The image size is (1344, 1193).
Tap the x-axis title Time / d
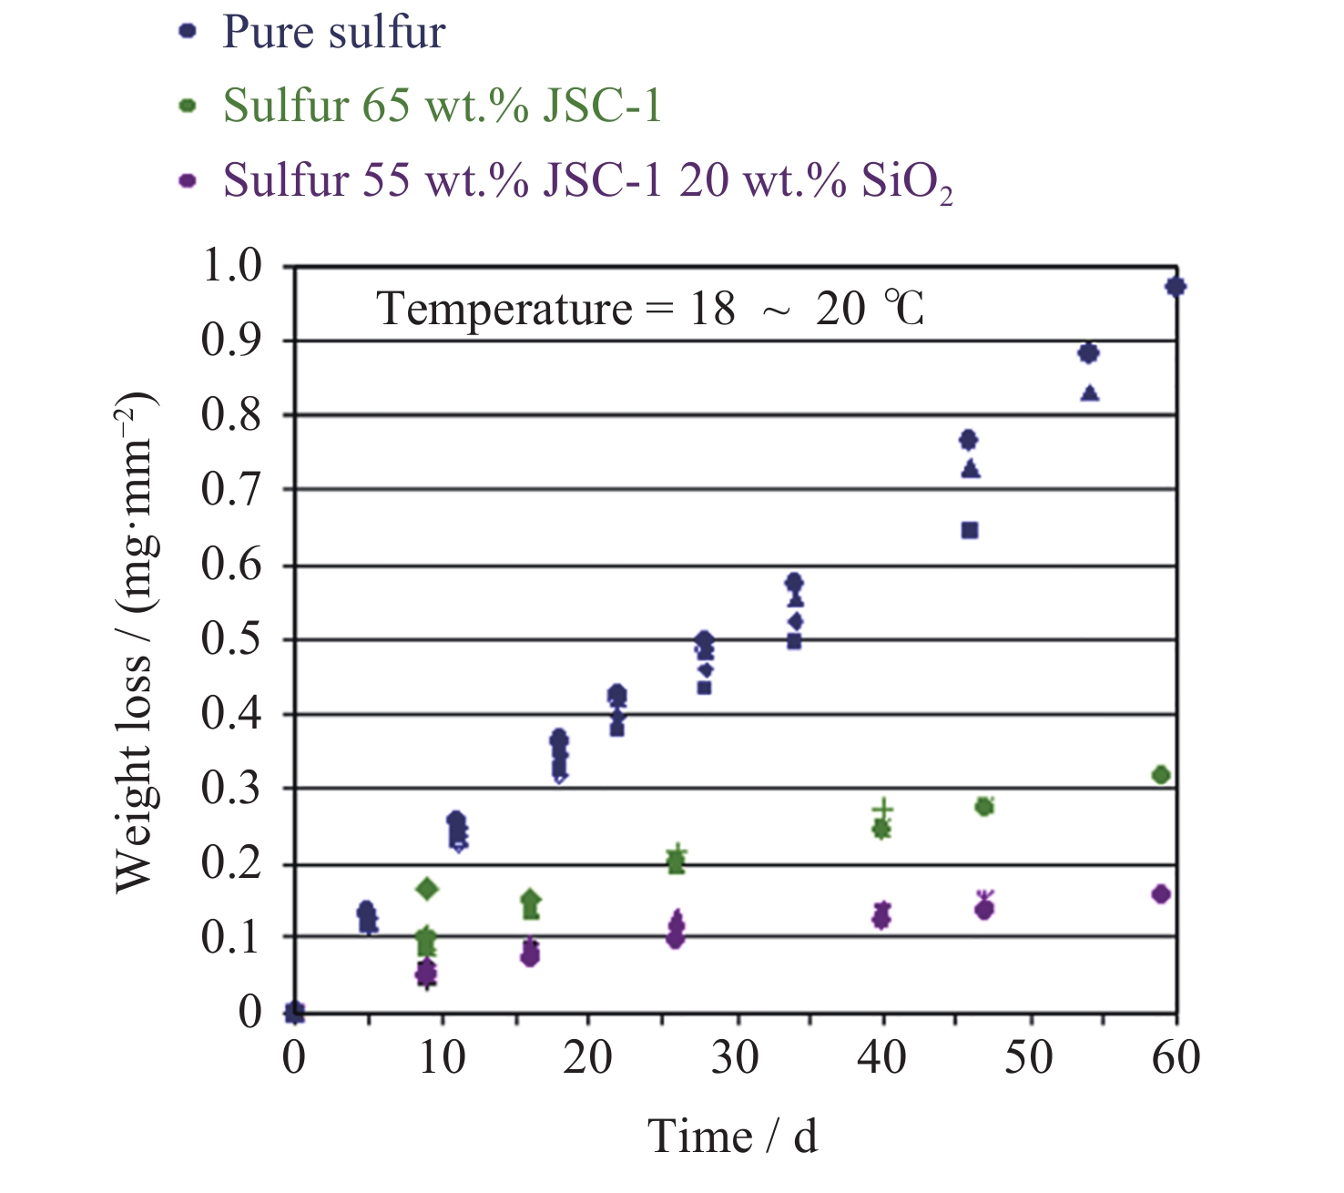[x=732, y=1137]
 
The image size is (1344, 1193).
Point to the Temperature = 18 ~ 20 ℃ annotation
[x=650, y=309]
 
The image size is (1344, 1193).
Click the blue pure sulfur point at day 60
[x=1176, y=287]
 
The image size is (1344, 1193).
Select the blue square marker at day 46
[x=970, y=530]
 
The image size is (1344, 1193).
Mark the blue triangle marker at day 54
[x=1090, y=393]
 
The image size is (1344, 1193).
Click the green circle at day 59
[x=1161, y=775]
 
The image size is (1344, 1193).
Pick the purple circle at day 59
[x=1161, y=894]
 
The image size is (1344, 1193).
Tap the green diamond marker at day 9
[x=427, y=889]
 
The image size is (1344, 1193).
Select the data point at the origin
[x=294, y=1011]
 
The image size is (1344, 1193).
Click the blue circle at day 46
[x=969, y=440]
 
